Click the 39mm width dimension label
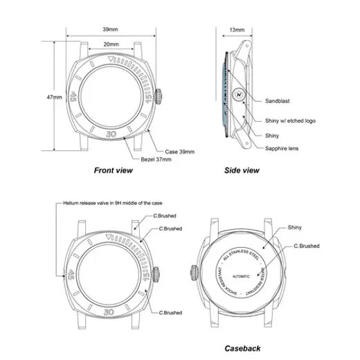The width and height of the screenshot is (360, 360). click(110, 30)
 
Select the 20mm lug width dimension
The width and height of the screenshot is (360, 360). click(110, 44)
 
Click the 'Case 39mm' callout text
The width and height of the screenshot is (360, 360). click(180, 150)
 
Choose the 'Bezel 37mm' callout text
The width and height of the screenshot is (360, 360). click(157, 159)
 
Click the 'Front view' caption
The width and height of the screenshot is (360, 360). click(114, 170)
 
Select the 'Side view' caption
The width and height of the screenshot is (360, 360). click(242, 170)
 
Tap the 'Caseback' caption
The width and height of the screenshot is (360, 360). click(242, 348)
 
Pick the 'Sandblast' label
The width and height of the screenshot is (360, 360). click(278, 100)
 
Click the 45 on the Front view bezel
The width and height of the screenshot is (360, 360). click(74, 98)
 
